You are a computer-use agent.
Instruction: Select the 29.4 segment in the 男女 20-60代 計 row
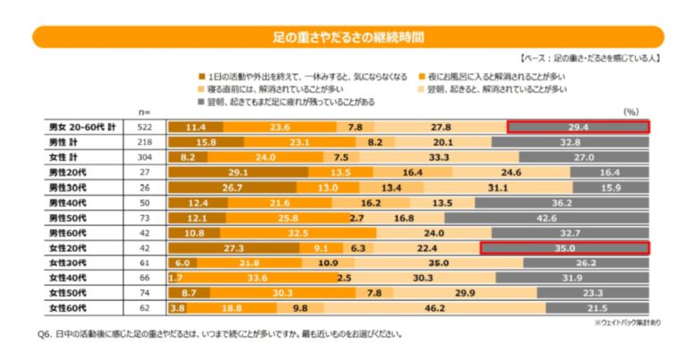pyautogui.click(x=577, y=127)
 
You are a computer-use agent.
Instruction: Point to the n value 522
pyautogui.click(x=146, y=127)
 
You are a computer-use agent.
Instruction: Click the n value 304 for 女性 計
pyautogui.click(x=146, y=157)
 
